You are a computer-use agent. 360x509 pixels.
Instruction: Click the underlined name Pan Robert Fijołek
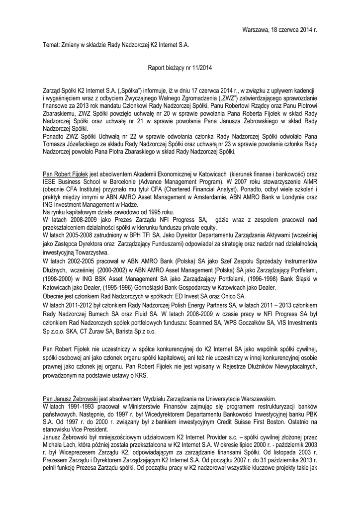coord(66,175)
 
